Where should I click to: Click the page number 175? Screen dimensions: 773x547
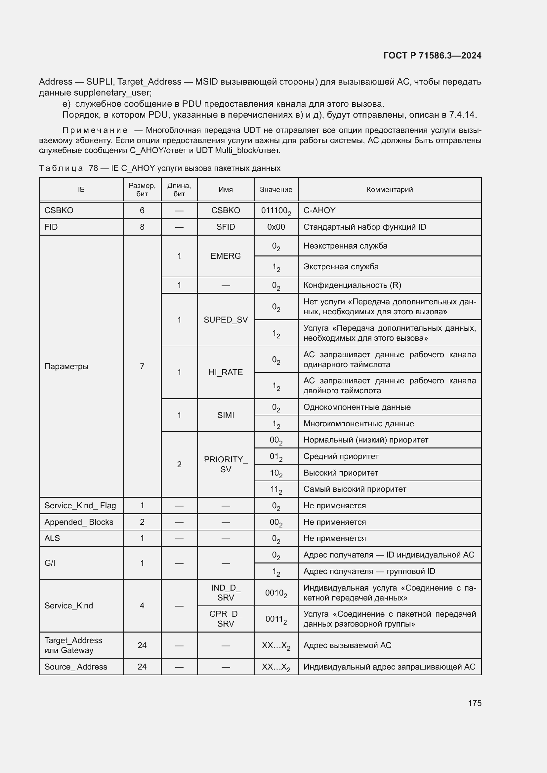click(x=474, y=703)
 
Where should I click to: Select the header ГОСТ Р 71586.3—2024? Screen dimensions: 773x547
click(x=432, y=56)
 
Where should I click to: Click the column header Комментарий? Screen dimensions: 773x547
click(x=389, y=190)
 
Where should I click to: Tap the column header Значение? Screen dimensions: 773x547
click(x=276, y=190)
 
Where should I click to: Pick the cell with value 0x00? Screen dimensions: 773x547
click(x=276, y=227)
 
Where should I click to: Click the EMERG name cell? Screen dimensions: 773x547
click(x=225, y=256)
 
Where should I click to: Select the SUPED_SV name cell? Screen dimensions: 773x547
click(x=225, y=320)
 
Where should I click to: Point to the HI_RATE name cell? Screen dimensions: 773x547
click(x=225, y=372)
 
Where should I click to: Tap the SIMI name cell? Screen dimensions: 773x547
click(x=225, y=415)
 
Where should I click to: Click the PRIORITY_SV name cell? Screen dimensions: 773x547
click(x=225, y=464)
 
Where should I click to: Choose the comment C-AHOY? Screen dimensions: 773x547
click(x=319, y=211)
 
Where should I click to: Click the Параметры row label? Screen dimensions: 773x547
click(x=66, y=366)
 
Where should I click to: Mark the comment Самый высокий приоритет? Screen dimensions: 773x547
click(x=354, y=489)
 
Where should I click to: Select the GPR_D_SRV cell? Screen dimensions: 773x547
click(x=225, y=619)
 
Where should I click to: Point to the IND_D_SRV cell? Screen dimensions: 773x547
click(x=225, y=593)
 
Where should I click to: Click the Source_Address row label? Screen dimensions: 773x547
click(x=76, y=667)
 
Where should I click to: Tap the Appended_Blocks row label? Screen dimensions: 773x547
click(x=79, y=522)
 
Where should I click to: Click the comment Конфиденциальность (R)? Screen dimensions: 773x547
click(x=352, y=285)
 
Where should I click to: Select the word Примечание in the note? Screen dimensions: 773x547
click(x=95, y=130)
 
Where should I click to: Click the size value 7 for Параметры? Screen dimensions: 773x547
click(x=142, y=366)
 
